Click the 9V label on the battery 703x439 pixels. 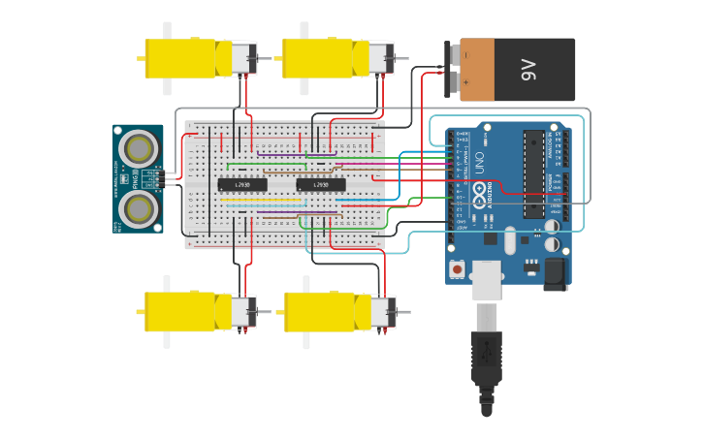[528, 70]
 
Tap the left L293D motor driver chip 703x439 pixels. [241, 184]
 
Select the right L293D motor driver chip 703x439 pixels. [321, 184]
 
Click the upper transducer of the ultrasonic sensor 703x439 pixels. [140, 148]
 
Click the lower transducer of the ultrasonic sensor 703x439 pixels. [140, 208]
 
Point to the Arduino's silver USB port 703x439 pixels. [486, 278]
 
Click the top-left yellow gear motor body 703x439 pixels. [180, 58]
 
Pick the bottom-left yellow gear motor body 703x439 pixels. [180, 312]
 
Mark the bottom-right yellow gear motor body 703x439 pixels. [320, 312]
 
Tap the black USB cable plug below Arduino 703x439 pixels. [487, 368]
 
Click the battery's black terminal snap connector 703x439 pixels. [451, 70]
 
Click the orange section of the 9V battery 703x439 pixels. [490, 70]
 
